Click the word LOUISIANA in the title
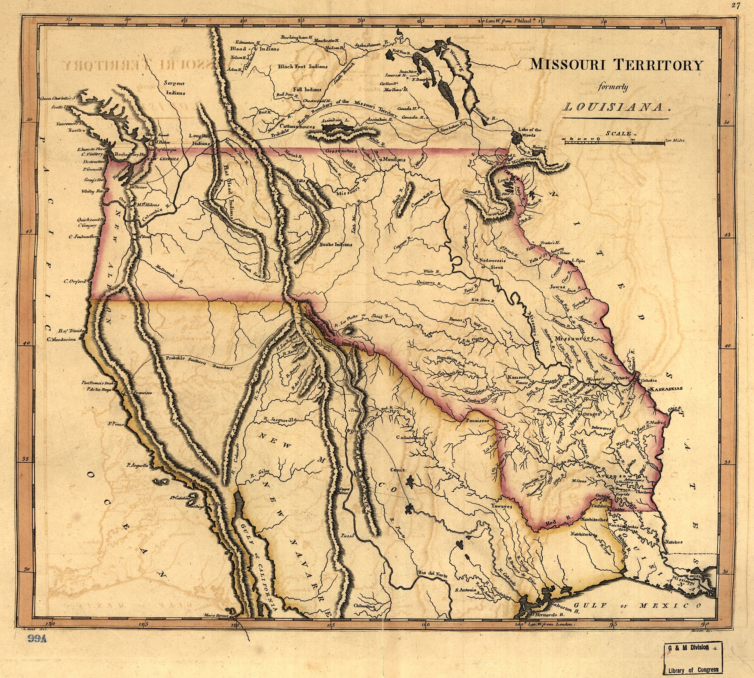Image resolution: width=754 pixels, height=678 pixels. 615,107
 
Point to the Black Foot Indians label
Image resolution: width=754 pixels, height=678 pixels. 302,66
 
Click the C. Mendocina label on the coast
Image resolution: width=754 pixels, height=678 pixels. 61,339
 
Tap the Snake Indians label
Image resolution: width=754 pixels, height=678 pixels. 335,244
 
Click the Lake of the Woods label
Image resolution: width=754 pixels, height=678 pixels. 529,132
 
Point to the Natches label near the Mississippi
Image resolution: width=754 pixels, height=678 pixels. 674,542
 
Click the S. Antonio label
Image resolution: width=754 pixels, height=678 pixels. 465,590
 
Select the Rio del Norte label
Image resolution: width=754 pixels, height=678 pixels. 432,575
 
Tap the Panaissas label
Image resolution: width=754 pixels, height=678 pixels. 478,420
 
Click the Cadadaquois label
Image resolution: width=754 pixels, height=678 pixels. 411,437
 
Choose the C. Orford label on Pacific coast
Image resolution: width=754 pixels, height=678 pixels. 75,281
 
